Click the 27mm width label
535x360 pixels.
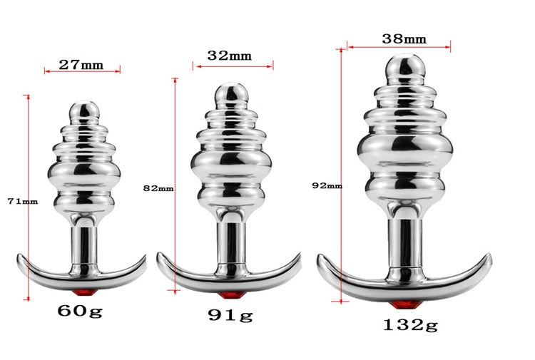click(x=81, y=64)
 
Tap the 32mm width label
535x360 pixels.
click(x=229, y=56)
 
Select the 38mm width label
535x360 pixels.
click(x=404, y=39)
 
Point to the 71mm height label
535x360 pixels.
click(x=23, y=202)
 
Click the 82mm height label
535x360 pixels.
click(x=158, y=188)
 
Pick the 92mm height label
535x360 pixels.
click(x=327, y=186)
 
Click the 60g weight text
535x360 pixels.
click(x=80, y=311)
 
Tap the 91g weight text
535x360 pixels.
click(x=230, y=315)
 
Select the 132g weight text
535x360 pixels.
click(x=410, y=325)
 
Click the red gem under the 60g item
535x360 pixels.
click(x=84, y=293)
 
